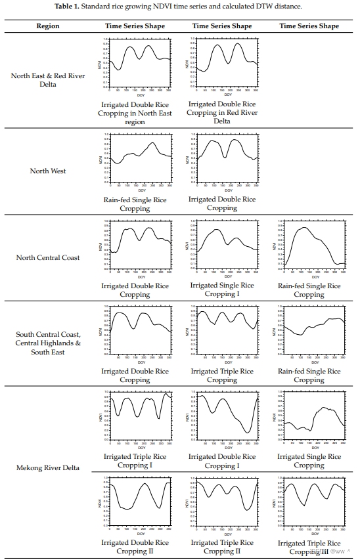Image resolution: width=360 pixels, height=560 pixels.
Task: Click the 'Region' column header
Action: click(x=49, y=26)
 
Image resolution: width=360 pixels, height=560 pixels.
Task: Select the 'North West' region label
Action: click(x=49, y=171)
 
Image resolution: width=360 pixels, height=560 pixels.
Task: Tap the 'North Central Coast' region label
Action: click(x=49, y=257)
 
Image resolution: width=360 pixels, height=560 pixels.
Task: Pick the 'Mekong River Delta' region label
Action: click(x=49, y=467)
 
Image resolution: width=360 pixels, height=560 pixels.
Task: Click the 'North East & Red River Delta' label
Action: click(x=49, y=79)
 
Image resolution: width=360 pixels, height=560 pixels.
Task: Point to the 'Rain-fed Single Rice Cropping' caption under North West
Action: click(x=135, y=204)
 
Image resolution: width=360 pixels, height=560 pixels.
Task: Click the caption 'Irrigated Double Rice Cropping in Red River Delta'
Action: click(x=222, y=112)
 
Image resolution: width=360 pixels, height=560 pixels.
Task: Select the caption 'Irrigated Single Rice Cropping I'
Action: click(x=222, y=290)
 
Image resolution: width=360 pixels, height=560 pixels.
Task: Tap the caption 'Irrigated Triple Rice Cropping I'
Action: click(x=135, y=461)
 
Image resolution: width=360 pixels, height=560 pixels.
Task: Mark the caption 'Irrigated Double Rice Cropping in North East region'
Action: click(x=135, y=113)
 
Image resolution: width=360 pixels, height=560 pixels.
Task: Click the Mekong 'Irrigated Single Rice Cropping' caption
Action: click(x=309, y=461)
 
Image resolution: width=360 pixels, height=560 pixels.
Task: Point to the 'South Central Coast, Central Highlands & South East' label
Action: click(x=49, y=343)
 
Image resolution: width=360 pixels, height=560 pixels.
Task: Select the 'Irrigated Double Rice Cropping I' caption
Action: click(x=222, y=461)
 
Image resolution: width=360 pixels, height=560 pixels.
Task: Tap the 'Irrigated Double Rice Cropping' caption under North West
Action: click(x=222, y=204)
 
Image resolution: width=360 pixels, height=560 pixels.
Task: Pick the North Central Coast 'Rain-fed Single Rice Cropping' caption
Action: click(x=309, y=290)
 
